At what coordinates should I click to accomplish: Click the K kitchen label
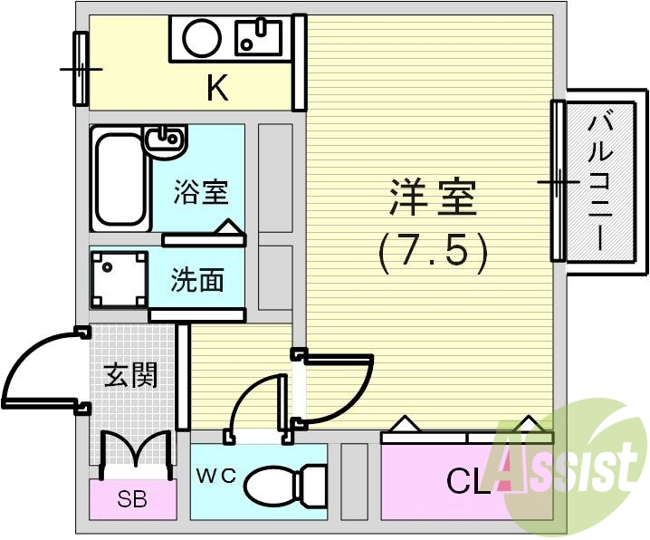[x=216, y=88]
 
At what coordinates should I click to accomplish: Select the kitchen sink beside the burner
[x=258, y=37]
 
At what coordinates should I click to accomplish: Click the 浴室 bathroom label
[x=201, y=191]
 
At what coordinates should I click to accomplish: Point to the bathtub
[x=119, y=179]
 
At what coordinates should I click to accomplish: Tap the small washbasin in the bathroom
[x=165, y=139]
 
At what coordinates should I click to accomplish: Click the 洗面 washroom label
[x=197, y=281]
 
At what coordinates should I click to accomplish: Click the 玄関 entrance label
[x=130, y=374]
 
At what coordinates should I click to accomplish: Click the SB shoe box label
[x=133, y=497]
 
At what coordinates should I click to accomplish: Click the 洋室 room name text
[x=433, y=198]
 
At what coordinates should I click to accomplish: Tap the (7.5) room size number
[x=433, y=251]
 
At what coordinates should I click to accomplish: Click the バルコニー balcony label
[x=599, y=180]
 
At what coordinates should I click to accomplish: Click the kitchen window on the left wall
[x=80, y=68]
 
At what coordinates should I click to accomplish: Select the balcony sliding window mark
[x=558, y=181]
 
